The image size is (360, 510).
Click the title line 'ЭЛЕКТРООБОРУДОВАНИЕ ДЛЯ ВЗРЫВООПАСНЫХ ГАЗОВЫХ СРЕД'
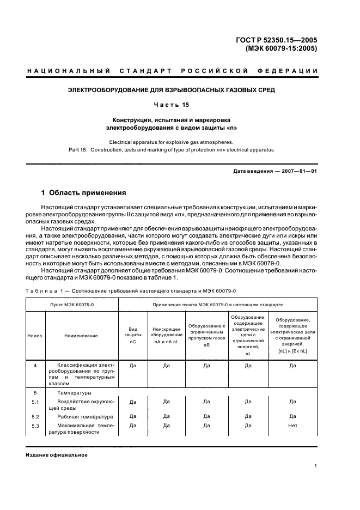click(180, 89)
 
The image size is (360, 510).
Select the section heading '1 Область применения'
click(84, 193)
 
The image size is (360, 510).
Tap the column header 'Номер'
click(34, 336)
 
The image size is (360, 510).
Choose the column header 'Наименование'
click(81, 336)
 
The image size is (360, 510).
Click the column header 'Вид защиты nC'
click(133, 336)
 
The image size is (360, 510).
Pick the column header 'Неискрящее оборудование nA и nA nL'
click(167, 336)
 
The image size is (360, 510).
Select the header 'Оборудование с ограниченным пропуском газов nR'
click(206, 336)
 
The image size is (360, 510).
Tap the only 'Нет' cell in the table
click(292, 425)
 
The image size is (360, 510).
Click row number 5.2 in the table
click(35, 416)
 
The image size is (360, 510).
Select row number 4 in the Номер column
click(35, 366)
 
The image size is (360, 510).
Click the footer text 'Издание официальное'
click(56, 454)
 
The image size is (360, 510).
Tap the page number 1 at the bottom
click(316, 466)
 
